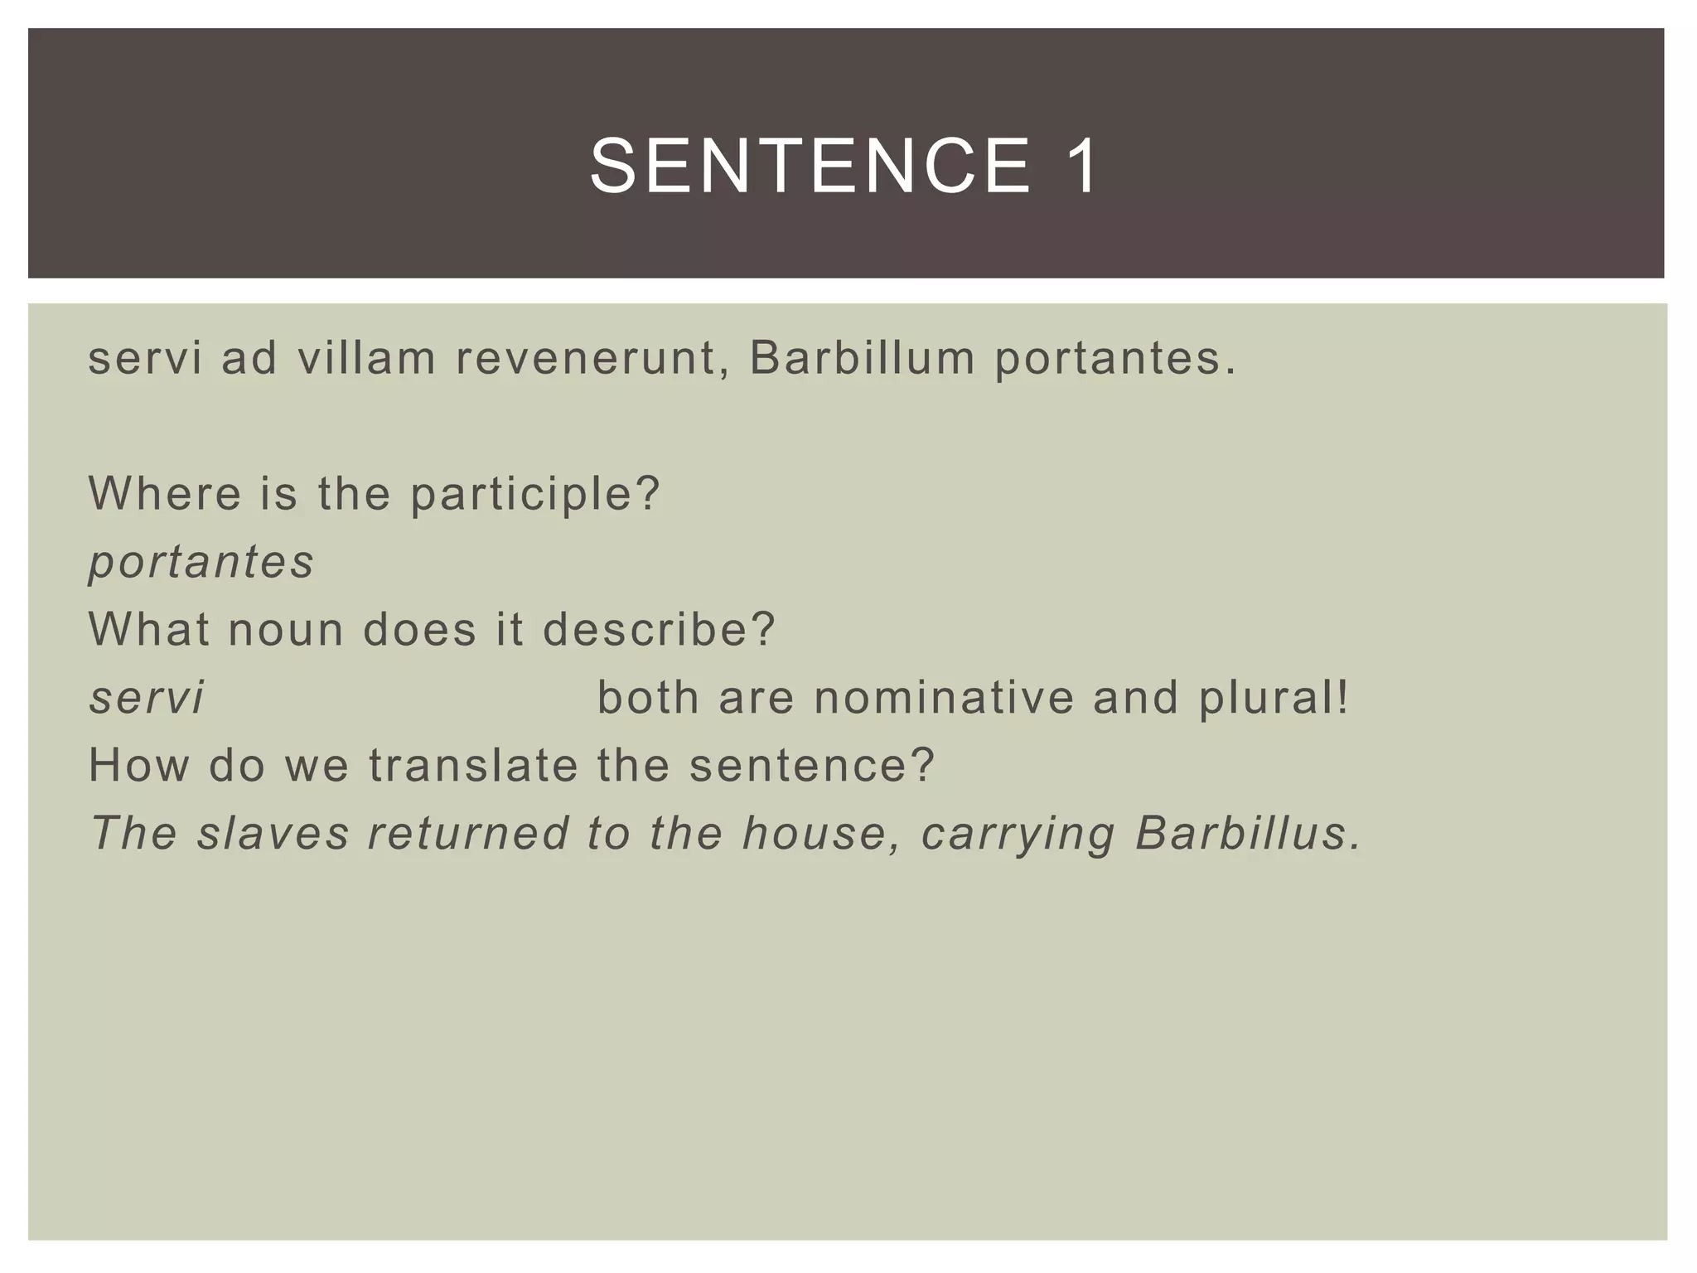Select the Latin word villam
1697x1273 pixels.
pyautogui.click(x=366, y=359)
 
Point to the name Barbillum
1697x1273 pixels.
pyautogui.click(x=862, y=359)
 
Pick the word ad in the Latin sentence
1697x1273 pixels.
pyautogui.click(x=249, y=359)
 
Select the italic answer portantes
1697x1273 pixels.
pyautogui.click(x=201, y=563)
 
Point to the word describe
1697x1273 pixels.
pyautogui.click(x=659, y=630)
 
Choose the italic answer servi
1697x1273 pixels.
pyautogui.click(x=146, y=698)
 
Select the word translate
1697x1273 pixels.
pyautogui.click(x=473, y=765)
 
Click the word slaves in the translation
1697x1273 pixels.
pyautogui.click(x=273, y=833)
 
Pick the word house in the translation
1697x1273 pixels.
pyautogui.click(x=820, y=833)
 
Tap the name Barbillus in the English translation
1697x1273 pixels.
pyautogui.click(x=1248, y=833)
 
